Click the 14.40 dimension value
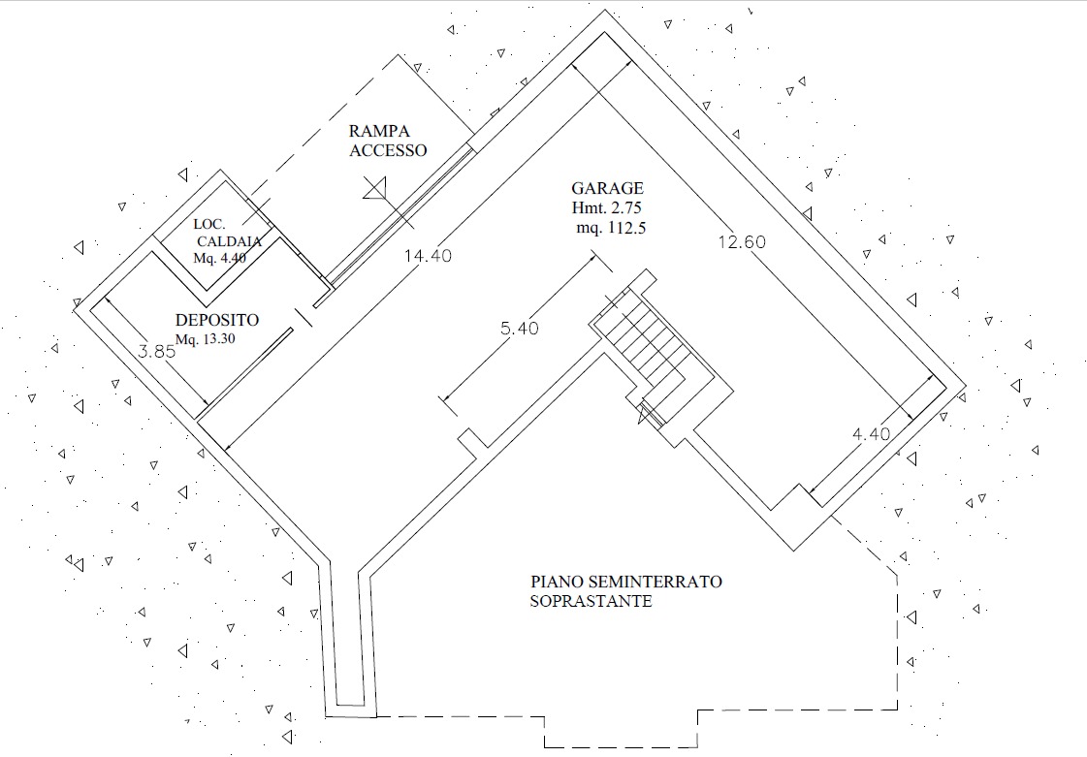(427, 256)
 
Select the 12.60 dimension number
(741, 242)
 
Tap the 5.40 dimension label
(519, 329)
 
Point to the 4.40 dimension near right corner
(871, 434)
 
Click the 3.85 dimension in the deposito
(156, 353)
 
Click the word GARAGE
(607, 189)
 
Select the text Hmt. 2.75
(607, 208)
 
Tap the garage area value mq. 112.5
(610, 228)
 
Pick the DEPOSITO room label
(217, 320)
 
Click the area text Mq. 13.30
(205, 339)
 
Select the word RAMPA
(380, 131)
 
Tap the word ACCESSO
(388, 150)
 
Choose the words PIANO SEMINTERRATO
(625, 582)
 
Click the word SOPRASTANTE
(591, 601)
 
